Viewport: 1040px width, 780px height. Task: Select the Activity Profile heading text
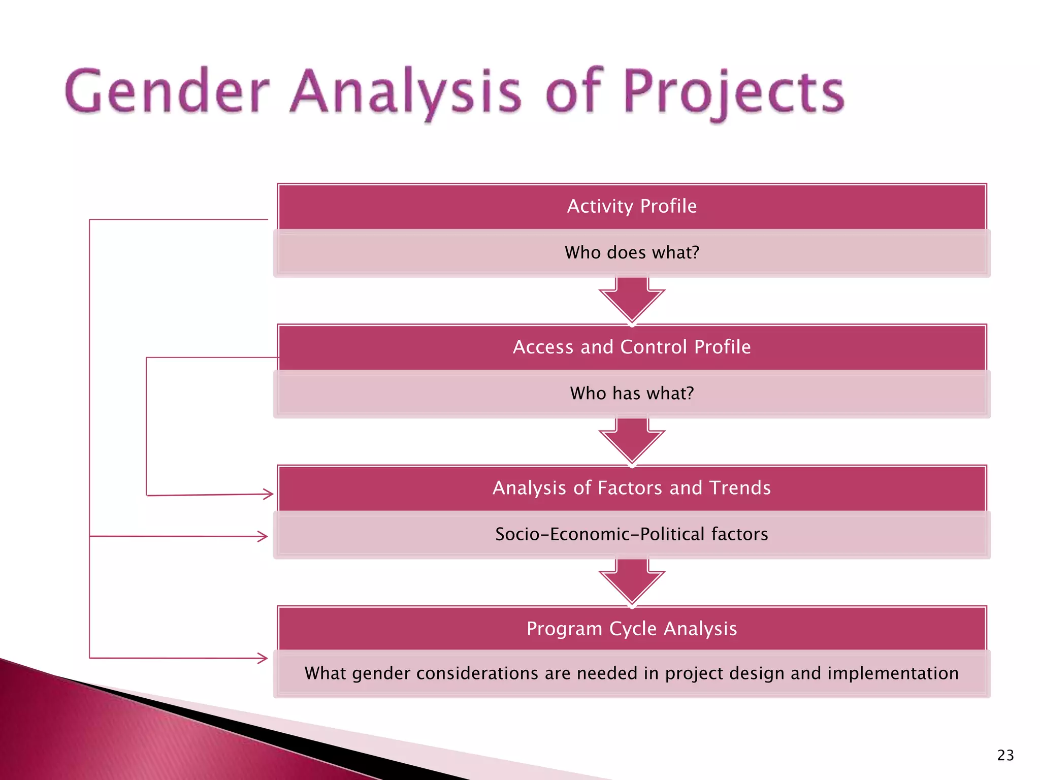[x=632, y=206]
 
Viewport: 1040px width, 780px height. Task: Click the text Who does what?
[x=632, y=252]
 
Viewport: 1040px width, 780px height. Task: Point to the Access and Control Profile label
[x=632, y=347]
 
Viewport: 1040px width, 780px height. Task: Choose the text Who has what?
[x=632, y=393]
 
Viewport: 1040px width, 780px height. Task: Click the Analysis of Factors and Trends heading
[x=632, y=487]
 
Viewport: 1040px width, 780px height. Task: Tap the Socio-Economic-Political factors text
[x=632, y=534]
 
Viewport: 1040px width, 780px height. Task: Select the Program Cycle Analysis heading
[x=632, y=629]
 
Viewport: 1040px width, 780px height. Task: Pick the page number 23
[x=1005, y=755]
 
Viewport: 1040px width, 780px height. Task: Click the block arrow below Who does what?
[x=632, y=300]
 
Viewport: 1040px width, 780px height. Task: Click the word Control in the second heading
[x=654, y=347]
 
